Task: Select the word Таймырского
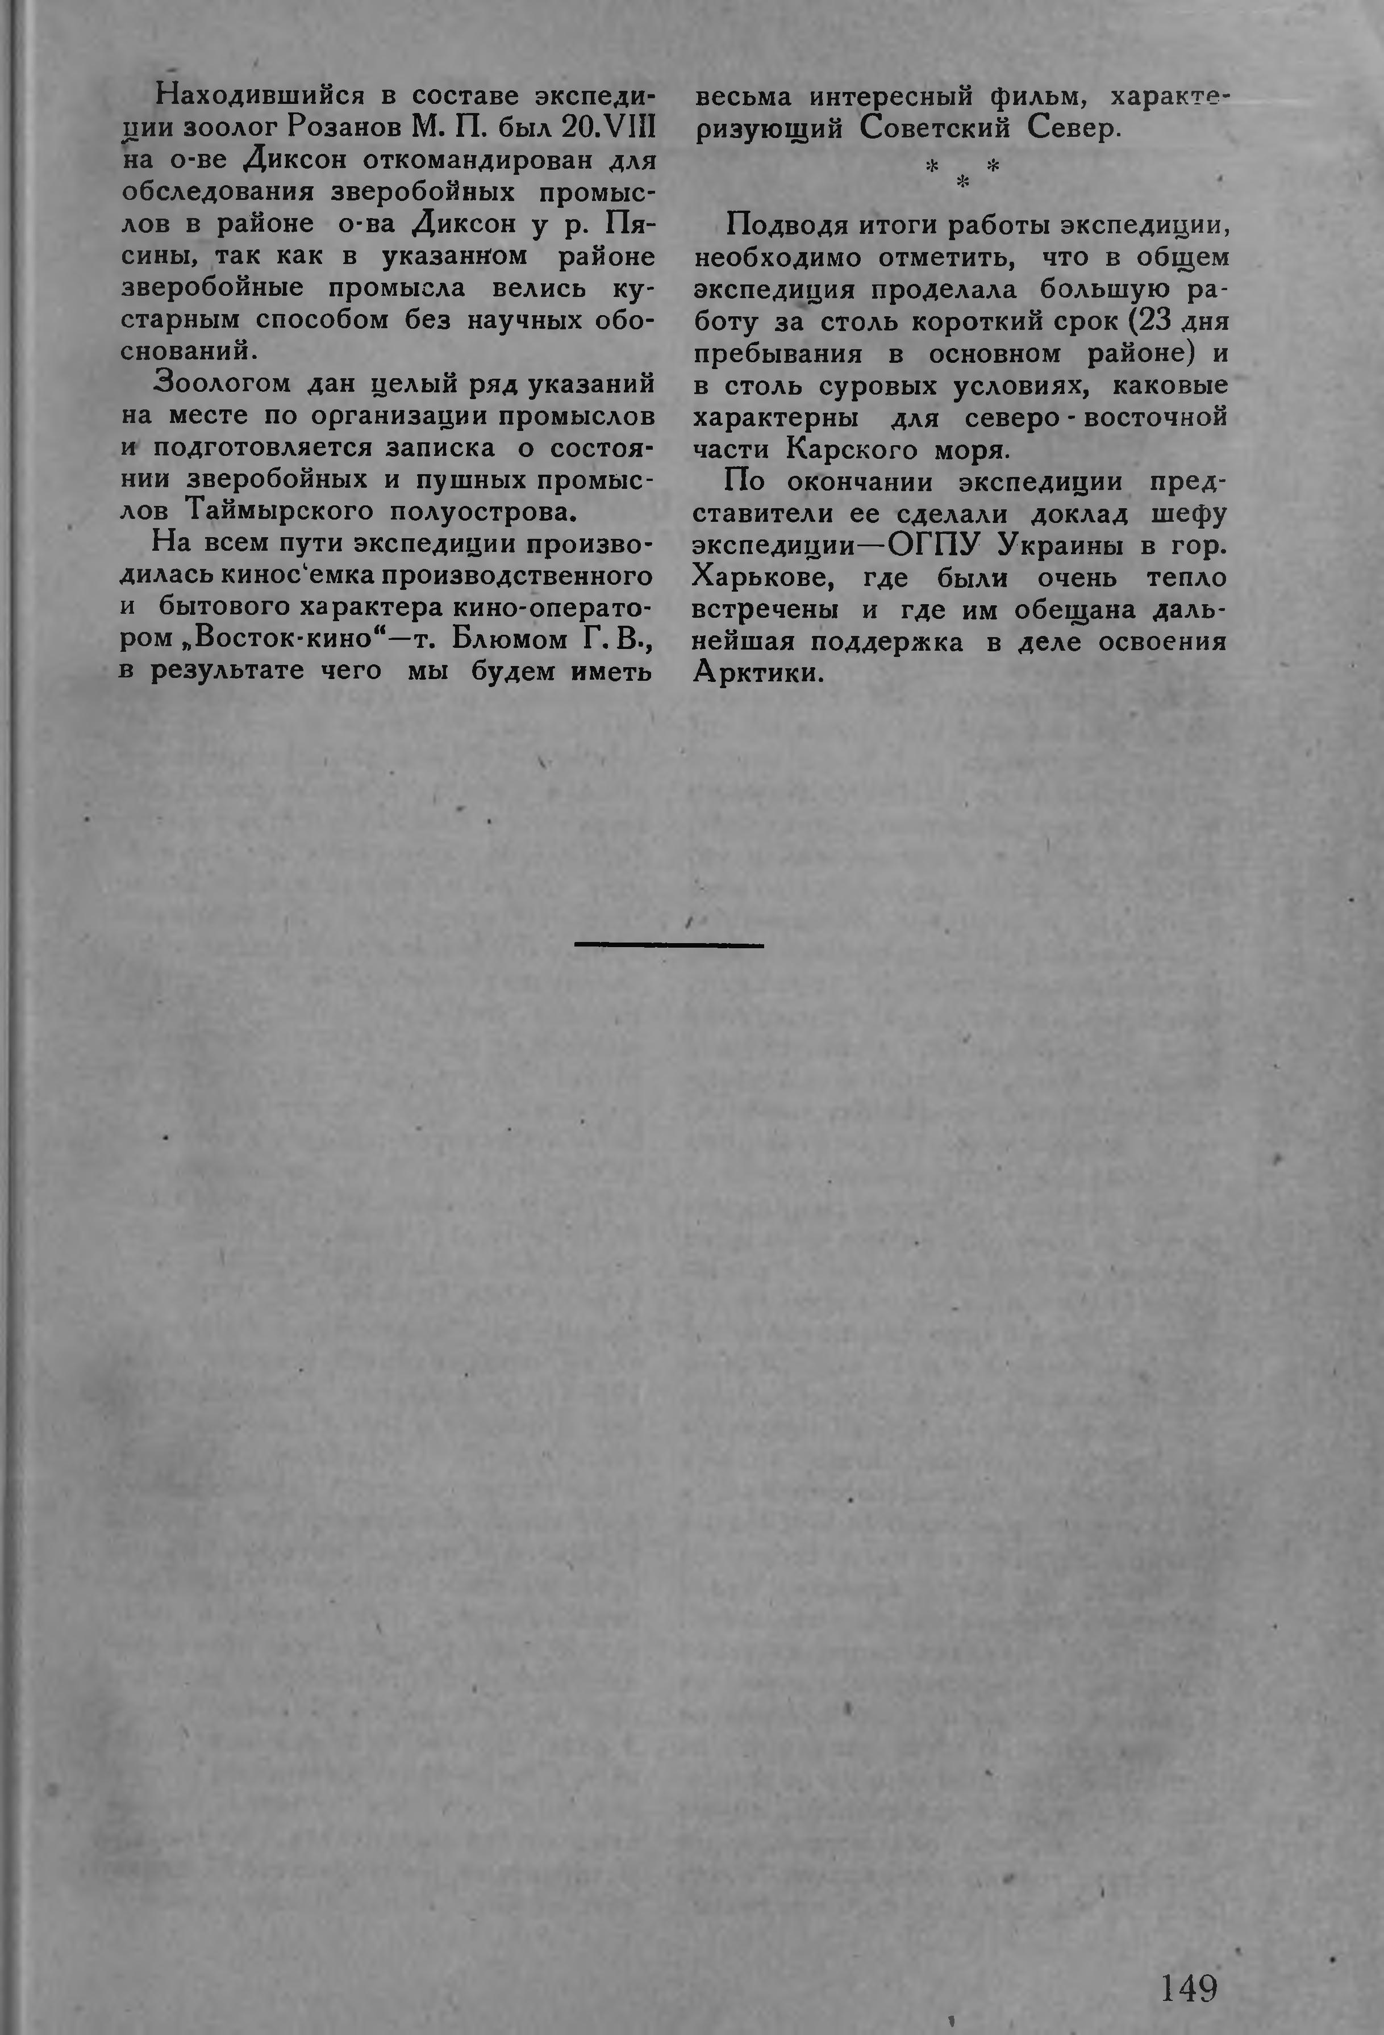click(x=280, y=510)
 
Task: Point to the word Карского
click(x=848, y=451)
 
